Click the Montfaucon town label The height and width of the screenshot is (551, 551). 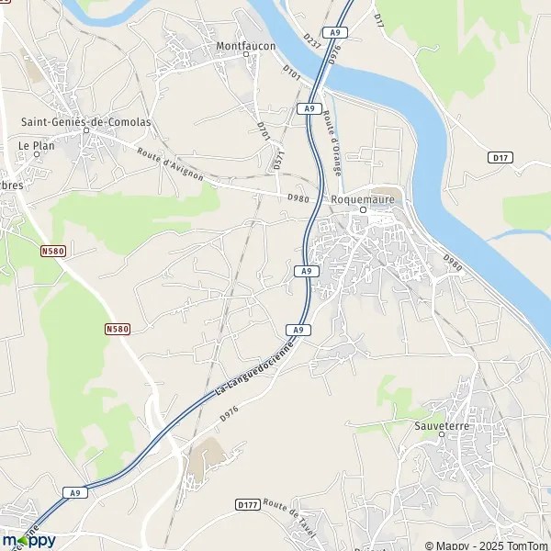(x=245, y=45)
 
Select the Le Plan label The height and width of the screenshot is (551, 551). (x=37, y=145)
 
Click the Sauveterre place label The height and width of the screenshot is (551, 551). (x=442, y=426)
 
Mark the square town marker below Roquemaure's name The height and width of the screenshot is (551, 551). (x=363, y=209)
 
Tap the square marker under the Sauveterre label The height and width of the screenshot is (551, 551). (x=442, y=437)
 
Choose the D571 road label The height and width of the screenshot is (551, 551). (x=279, y=158)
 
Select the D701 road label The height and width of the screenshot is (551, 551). (x=264, y=131)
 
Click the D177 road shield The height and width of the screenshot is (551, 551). (x=246, y=504)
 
